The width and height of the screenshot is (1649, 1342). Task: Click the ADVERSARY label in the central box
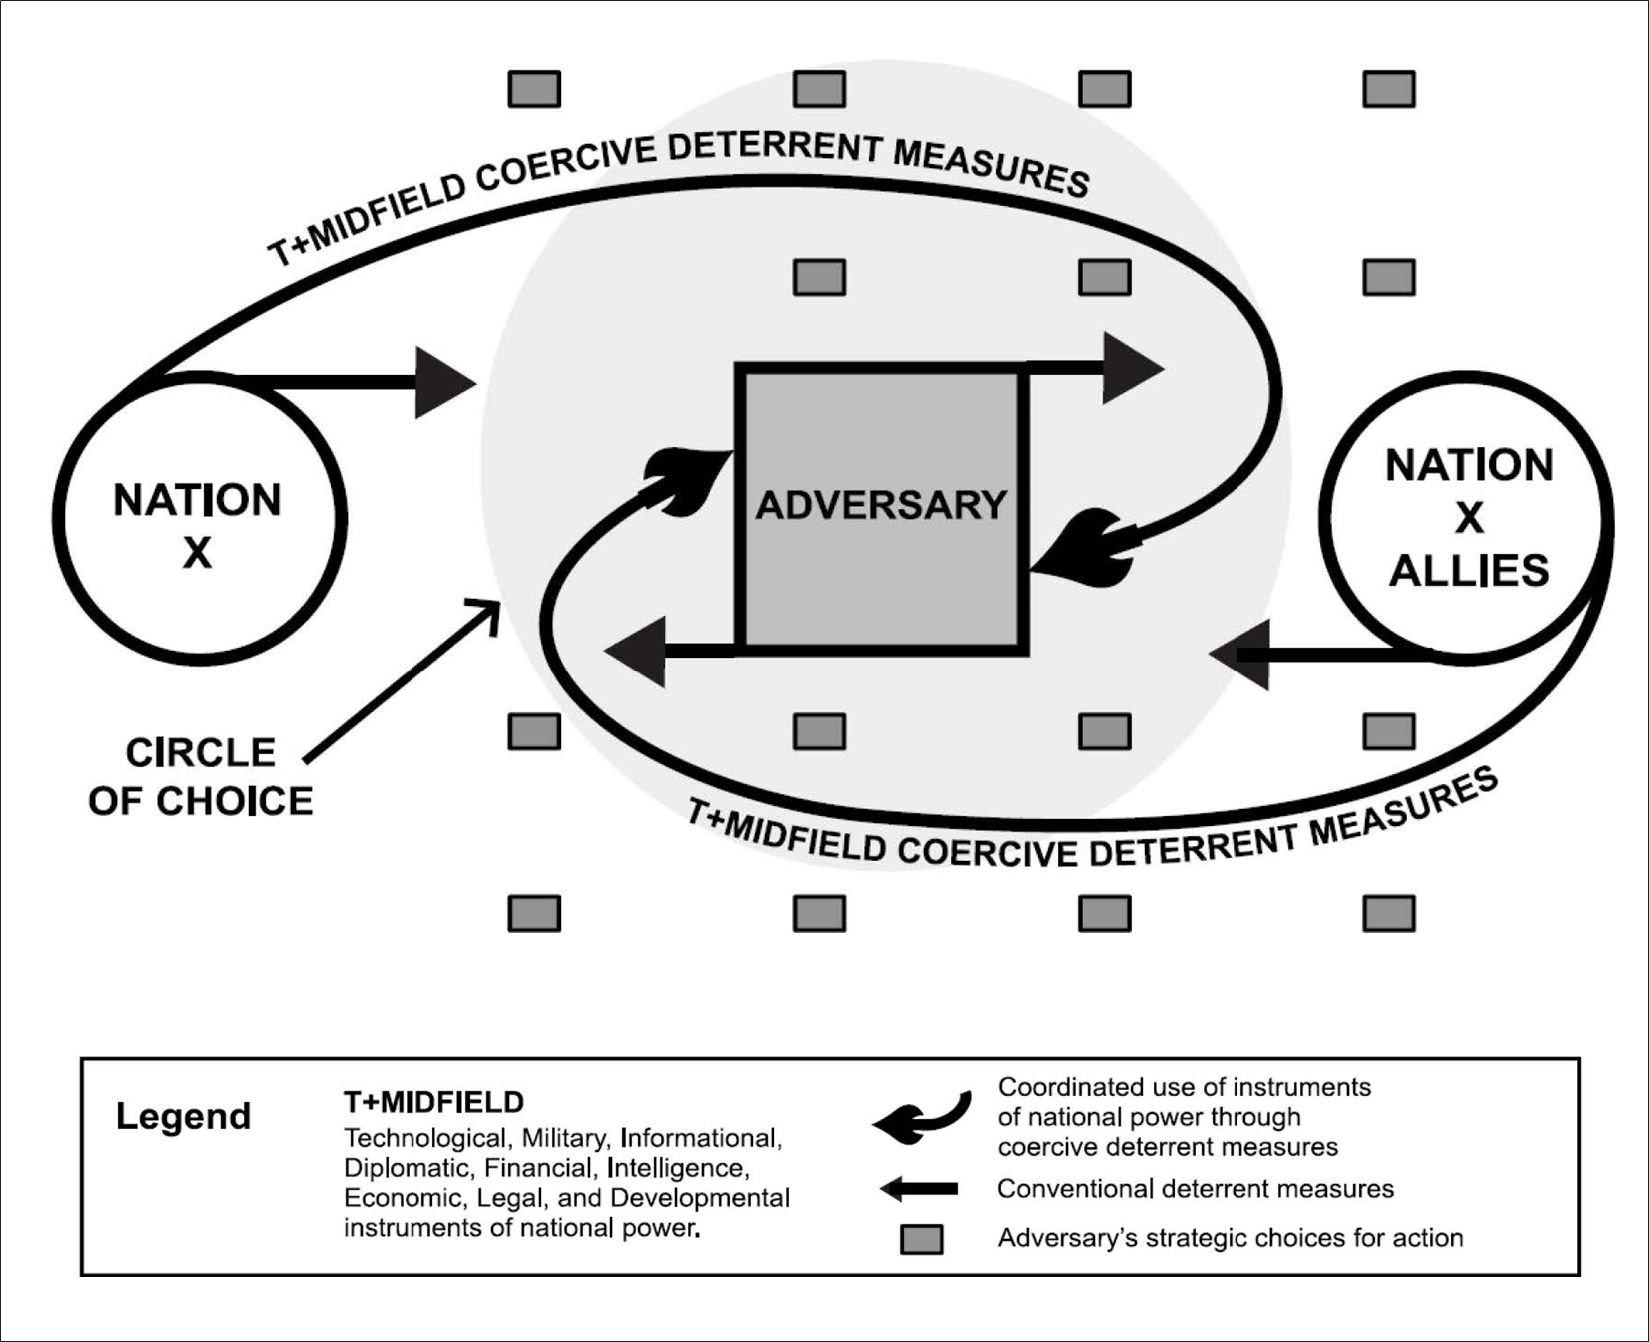click(x=880, y=505)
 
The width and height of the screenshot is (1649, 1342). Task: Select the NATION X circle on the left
click(x=199, y=519)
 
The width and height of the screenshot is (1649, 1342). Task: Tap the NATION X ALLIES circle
click(x=1466, y=519)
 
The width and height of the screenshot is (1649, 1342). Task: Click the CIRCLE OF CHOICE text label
click(x=200, y=777)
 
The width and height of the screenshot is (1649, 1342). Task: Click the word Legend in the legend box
click(x=183, y=1116)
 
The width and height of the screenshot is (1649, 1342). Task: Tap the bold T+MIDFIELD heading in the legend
click(x=433, y=1102)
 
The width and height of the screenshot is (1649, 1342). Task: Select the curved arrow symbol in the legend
click(x=921, y=1118)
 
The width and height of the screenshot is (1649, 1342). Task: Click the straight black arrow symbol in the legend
click(x=919, y=1189)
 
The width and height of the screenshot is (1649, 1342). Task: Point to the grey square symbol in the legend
click(x=921, y=1239)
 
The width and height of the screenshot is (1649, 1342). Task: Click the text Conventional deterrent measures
click(x=1195, y=1189)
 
